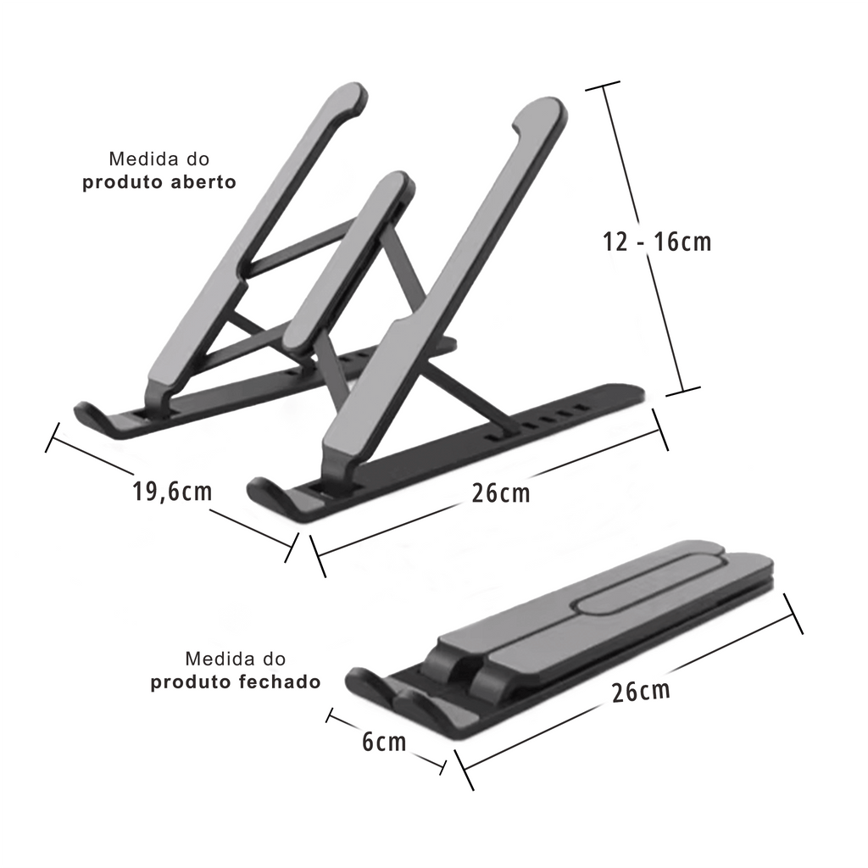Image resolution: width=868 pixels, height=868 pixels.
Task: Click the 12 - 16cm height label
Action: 657,242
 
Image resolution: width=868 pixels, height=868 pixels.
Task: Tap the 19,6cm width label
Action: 171,492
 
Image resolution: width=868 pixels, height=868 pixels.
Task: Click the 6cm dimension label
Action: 384,743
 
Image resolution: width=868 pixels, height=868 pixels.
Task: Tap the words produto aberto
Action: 159,182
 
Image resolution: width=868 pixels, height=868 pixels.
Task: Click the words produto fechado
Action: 236,682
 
